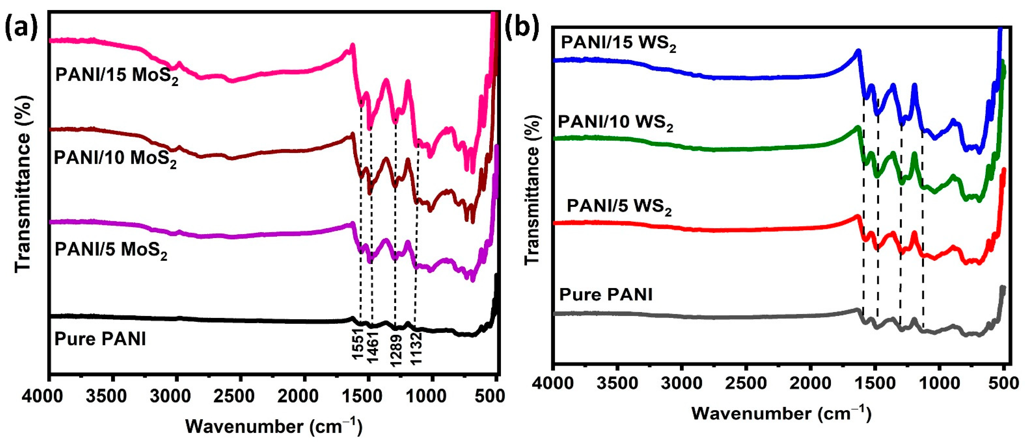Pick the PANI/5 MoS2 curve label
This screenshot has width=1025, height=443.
(x=111, y=250)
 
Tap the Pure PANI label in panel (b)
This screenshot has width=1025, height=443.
(x=606, y=295)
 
